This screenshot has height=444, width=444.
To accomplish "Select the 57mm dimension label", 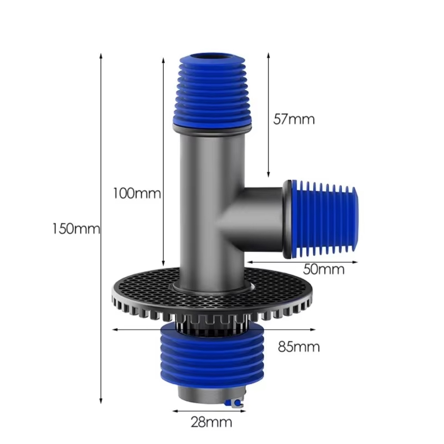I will coord(294,119).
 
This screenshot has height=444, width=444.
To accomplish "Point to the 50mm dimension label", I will coord(324,269).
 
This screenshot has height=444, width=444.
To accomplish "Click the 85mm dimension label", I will coord(299,347).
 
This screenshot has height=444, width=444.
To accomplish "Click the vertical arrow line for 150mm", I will coord(101,167).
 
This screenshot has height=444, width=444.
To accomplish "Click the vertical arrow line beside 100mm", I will coord(163,139).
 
